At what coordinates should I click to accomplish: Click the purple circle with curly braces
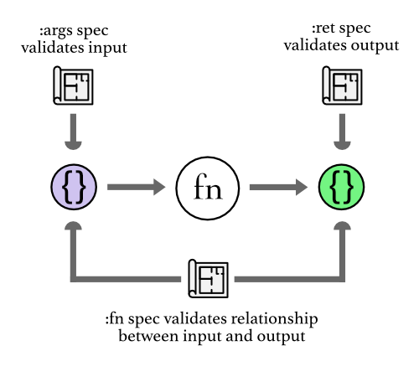pos(75,188)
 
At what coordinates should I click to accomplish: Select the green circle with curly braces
pos(342,188)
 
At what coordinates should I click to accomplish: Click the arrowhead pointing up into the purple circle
pos(75,227)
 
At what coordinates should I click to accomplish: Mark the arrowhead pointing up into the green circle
pos(342,227)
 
